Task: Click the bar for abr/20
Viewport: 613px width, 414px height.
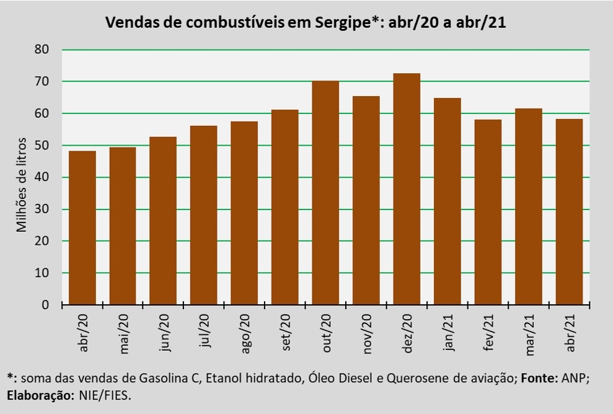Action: [x=82, y=228]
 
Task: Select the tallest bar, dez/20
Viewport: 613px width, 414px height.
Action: [x=407, y=189]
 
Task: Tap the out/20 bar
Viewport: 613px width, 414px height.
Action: [x=325, y=193]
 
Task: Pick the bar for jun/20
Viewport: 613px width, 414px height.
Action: [x=163, y=221]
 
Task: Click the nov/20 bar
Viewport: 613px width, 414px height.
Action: [x=366, y=200]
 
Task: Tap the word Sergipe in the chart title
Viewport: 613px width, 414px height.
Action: [x=340, y=23]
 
